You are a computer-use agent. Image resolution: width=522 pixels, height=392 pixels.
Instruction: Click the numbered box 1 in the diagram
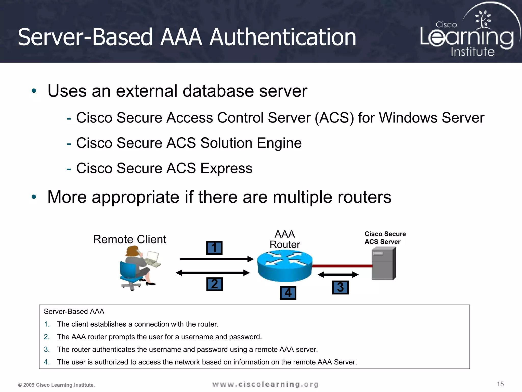214,248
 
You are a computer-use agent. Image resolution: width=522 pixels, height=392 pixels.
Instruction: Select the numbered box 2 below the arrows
214,284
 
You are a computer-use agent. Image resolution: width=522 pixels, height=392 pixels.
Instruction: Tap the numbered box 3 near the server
340,287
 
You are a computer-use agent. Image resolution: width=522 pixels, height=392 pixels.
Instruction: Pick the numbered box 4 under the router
288,293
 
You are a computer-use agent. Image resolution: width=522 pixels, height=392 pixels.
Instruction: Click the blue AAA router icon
285,265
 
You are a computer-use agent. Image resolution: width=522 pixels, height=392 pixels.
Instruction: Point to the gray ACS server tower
384,264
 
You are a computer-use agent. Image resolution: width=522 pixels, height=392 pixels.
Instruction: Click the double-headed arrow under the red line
338,275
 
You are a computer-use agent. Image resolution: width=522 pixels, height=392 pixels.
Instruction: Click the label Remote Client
129,239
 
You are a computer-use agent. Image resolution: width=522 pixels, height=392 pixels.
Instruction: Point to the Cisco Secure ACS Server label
385,238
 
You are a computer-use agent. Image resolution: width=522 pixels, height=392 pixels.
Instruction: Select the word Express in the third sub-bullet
226,168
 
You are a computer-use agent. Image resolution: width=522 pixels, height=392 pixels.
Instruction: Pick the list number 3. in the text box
47,349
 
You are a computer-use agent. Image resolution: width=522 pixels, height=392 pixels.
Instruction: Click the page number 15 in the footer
500,384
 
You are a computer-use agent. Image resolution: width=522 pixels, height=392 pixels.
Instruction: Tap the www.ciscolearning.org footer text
265,384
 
